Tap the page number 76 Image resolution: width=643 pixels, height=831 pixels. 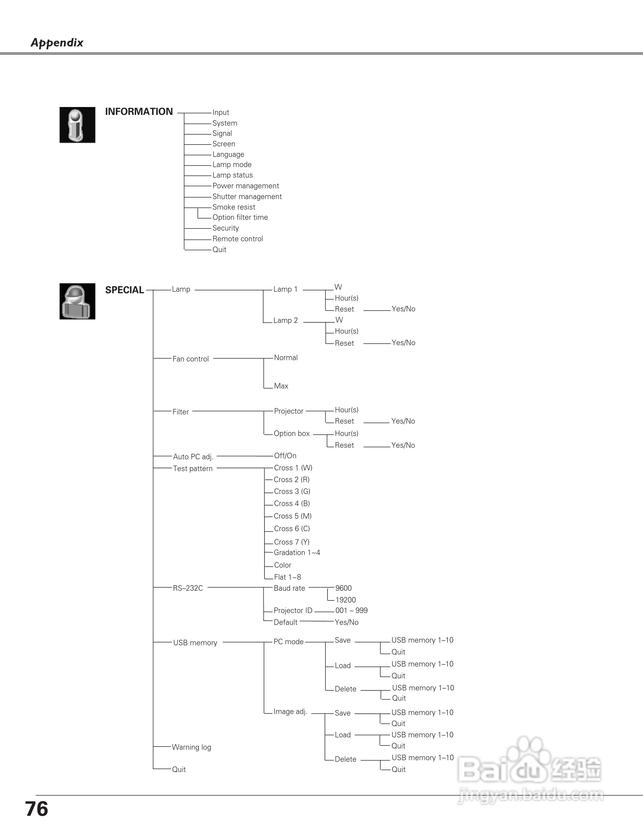(37, 809)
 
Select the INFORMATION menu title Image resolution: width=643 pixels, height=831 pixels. (139, 111)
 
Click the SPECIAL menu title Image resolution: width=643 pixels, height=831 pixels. (124, 290)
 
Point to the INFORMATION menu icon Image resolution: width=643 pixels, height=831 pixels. (77, 125)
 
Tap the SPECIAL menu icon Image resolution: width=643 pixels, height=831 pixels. (77, 301)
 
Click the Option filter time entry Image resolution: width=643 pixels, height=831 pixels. (240, 217)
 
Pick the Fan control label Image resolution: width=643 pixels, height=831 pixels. (190, 359)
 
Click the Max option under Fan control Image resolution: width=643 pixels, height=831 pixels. (281, 386)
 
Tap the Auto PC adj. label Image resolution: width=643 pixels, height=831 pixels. (193, 457)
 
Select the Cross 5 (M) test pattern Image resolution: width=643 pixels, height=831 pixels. (293, 516)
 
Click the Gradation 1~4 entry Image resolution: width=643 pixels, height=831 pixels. (297, 552)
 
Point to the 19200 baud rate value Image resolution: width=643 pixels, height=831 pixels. (345, 600)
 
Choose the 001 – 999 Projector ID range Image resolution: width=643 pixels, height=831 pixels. (351, 611)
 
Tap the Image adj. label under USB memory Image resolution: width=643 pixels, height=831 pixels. (290, 712)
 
